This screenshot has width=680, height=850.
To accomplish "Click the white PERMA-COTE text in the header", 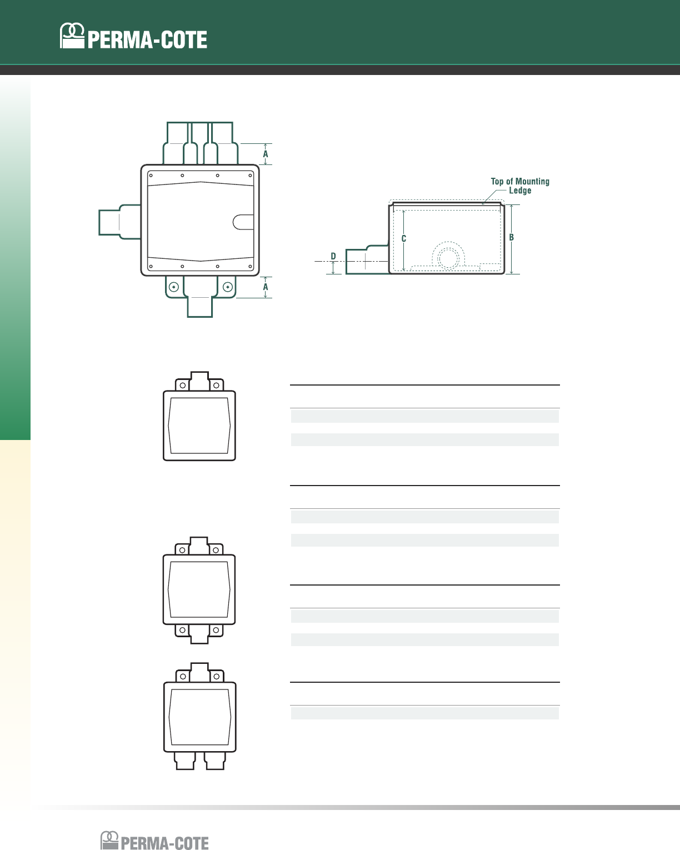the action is (147, 40).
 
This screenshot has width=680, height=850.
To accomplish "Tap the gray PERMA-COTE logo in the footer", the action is (154, 840).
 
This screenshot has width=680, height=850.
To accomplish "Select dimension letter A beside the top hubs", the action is (266, 154).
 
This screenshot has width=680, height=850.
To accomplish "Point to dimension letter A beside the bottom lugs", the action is (266, 287).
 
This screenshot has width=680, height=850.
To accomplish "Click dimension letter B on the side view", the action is (511, 237).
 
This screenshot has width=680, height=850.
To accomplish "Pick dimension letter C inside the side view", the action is (404, 238).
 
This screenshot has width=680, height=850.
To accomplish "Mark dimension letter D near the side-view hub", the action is (333, 256).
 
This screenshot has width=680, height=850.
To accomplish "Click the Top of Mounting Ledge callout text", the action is (520, 186).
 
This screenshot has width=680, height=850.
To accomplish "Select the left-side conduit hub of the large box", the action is (119, 222).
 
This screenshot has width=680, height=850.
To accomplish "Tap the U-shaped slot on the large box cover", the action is (243, 222).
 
